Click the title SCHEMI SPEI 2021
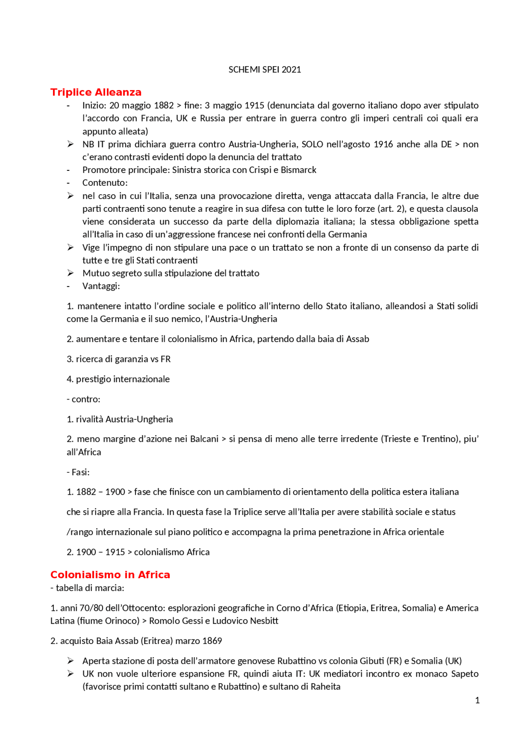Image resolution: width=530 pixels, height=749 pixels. [x=265, y=69]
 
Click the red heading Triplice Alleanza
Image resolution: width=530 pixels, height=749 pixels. [x=96, y=92]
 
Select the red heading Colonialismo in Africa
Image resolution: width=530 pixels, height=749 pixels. [x=110, y=575]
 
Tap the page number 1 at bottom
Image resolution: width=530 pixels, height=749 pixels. [x=477, y=700]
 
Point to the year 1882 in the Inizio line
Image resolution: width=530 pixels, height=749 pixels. [x=164, y=105]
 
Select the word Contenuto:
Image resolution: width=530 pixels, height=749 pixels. [x=105, y=183]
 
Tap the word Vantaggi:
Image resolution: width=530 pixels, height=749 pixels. [x=101, y=286]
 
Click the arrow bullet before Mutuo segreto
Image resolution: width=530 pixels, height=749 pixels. [x=71, y=273]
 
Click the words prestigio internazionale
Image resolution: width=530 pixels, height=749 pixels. [x=123, y=379]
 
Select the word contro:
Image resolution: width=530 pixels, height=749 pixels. [x=86, y=399]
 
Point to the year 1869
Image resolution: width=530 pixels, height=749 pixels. [x=212, y=641]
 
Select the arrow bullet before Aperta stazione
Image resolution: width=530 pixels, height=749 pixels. [x=71, y=660]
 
